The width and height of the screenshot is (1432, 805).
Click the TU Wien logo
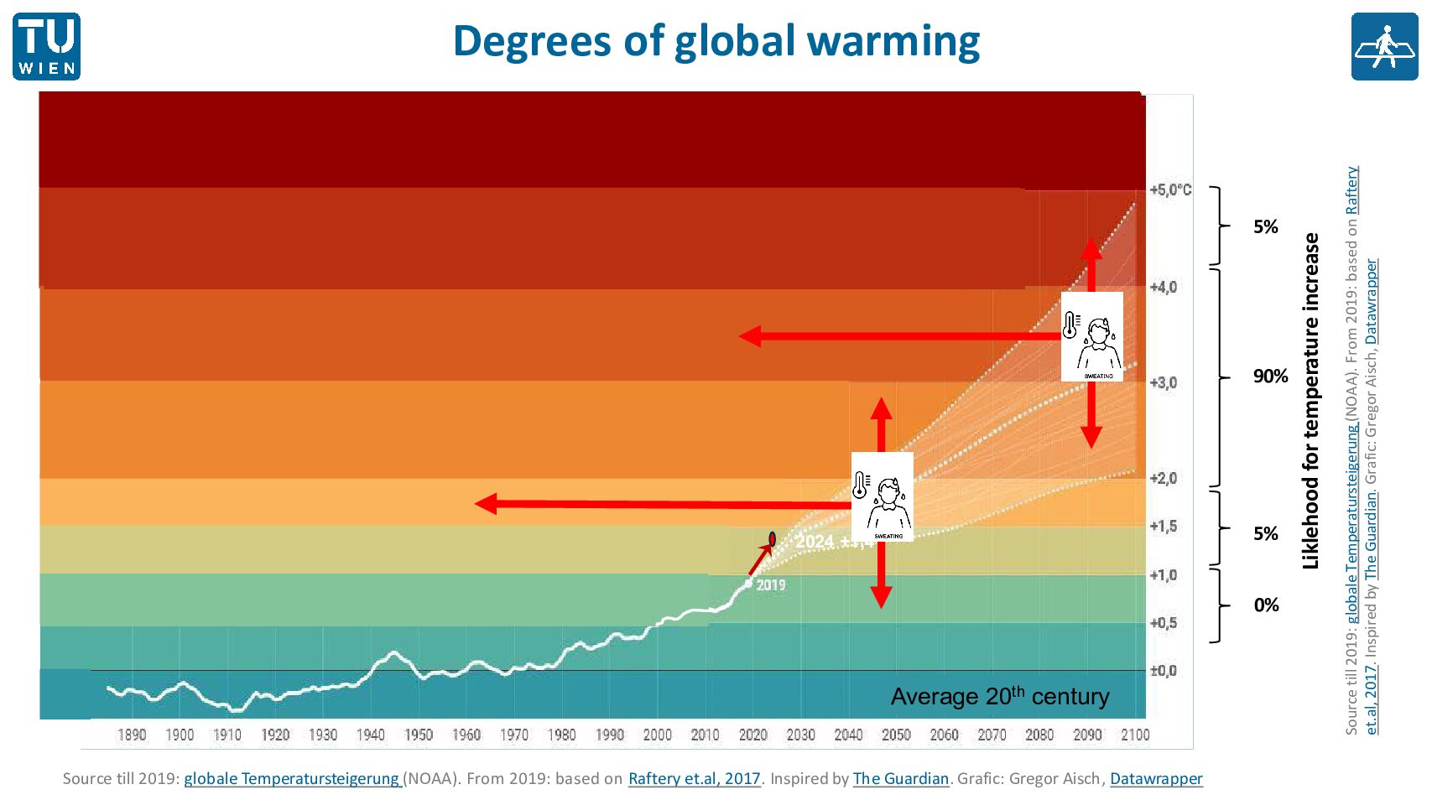[x=47, y=47]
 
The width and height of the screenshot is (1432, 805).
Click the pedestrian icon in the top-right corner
[x=1384, y=47]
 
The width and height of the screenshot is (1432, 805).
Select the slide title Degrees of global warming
[x=716, y=41]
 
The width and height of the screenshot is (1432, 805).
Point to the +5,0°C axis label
[x=1170, y=190]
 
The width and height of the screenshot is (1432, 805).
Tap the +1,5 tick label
[x=1164, y=527]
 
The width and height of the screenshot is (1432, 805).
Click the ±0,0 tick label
[x=1164, y=671]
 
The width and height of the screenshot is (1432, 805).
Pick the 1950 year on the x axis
[x=419, y=735]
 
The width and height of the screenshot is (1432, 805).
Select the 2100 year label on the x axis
[x=1135, y=735]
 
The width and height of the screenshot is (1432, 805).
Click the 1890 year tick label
[x=132, y=735]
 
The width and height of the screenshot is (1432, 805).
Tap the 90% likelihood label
[x=1270, y=377]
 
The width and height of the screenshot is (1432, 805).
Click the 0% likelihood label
[x=1266, y=605]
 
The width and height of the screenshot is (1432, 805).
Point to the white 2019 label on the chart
[x=771, y=585]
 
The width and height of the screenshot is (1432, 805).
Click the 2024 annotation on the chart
[x=815, y=542]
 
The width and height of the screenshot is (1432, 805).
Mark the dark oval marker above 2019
[x=772, y=539]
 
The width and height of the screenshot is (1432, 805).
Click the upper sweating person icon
[x=1091, y=337]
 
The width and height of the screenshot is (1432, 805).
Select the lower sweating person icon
[x=882, y=497]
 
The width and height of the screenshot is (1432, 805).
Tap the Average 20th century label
[x=1000, y=696]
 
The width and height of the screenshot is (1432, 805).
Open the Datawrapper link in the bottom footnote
[x=1156, y=779]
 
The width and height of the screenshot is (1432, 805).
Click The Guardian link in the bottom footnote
[x=900, y=779]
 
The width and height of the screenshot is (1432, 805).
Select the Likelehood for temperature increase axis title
[x=1310, y=401]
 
